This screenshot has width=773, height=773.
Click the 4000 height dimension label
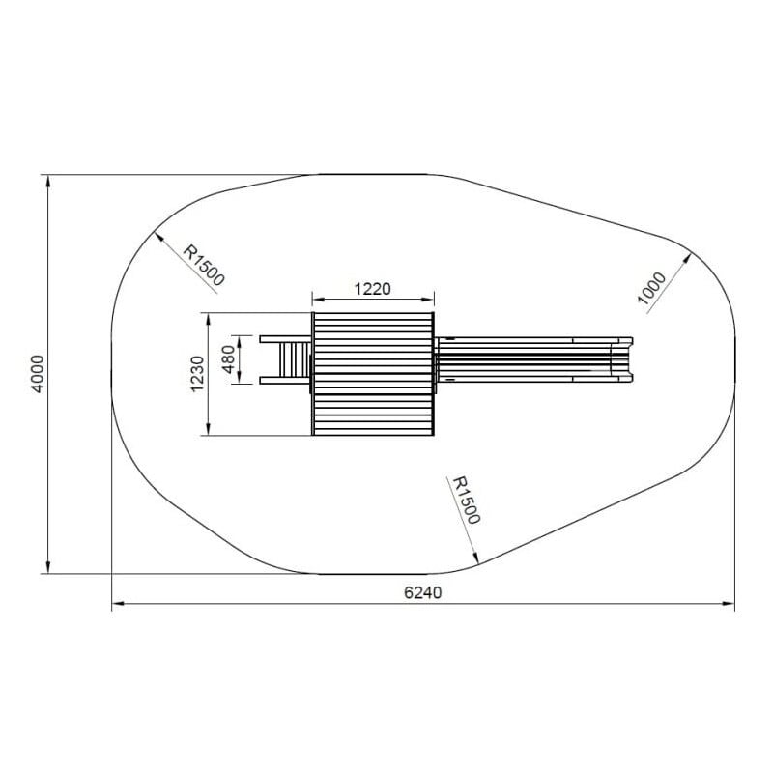point(38,374)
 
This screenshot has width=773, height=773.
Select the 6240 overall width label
point(423,592)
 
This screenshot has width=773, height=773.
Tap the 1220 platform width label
point(373,289)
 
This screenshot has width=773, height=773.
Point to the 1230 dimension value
point(197,374)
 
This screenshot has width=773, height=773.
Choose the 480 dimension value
point(228,359)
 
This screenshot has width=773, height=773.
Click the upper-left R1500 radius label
point(204,265)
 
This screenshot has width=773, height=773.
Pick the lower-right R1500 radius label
point(466,500)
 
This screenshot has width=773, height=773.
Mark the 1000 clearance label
point(651,288)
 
